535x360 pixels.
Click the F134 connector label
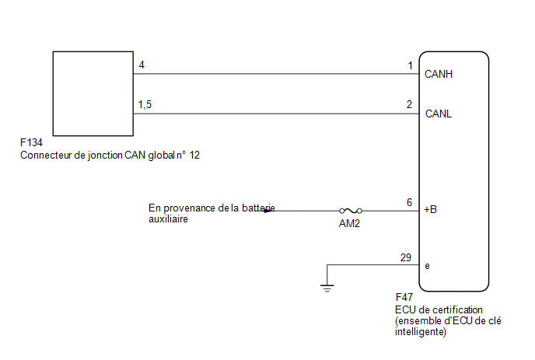pos(31,142)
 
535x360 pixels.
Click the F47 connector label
pos(404,297)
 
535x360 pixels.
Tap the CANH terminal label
pos(439,74)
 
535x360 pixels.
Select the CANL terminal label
pos(439,114)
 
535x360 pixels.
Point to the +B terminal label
pos(430,209)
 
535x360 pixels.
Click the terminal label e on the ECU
pos(427,266)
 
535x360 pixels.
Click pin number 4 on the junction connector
pos(142,65)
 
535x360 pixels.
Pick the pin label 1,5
pos(145,104)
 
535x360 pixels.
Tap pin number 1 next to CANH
pos(411,65)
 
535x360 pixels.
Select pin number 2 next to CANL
pos(410,104)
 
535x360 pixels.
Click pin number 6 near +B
pos(410,202)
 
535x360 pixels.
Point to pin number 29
pos(406,257)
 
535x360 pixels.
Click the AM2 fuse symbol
pos(351,211)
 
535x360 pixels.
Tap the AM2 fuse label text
pos(349,223)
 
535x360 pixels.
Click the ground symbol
pos(327,288)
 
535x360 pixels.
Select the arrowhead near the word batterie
pos(270,211)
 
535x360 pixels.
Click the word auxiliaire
pos(168,218)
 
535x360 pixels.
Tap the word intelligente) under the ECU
pos(421,332)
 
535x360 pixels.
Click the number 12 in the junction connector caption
pos(194,156)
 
